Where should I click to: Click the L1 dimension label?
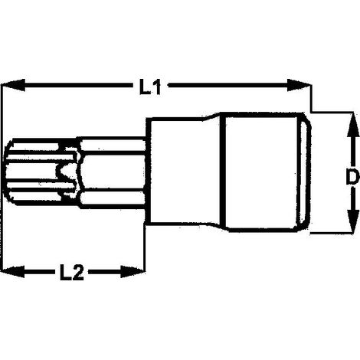click(x=150, y=87)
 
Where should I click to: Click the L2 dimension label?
click(x=72, y=272)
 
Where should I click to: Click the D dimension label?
click(x=352, y=176)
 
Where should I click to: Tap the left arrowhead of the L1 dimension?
click(x=13, y=85)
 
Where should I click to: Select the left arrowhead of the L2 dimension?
click(x=13, y=272)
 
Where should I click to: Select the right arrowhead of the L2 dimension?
click(x=133, y=272)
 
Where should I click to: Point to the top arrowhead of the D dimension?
click(x=352, y=124)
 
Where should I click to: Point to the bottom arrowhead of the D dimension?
click(x=352, y=221)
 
